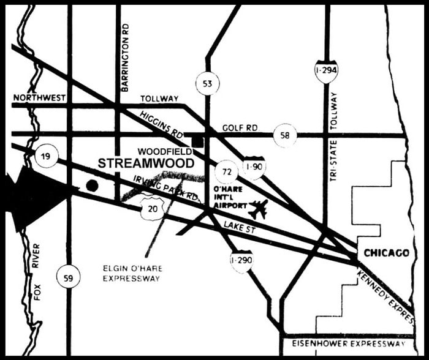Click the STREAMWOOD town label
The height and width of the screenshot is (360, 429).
tap(146, 163)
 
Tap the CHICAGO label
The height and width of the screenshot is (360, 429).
tap(386, 253)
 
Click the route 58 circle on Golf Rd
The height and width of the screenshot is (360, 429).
tap(285, 135)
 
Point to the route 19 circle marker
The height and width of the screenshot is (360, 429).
tap(47, 157)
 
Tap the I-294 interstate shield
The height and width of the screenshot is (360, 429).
tap(326, 72)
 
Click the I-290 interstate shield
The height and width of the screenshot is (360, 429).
tap(241, 261)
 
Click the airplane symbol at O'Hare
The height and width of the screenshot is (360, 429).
tap(259, 209)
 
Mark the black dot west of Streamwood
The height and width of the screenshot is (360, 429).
tap(92, 185)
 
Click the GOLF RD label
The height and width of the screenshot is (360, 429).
tap(240, 127)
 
